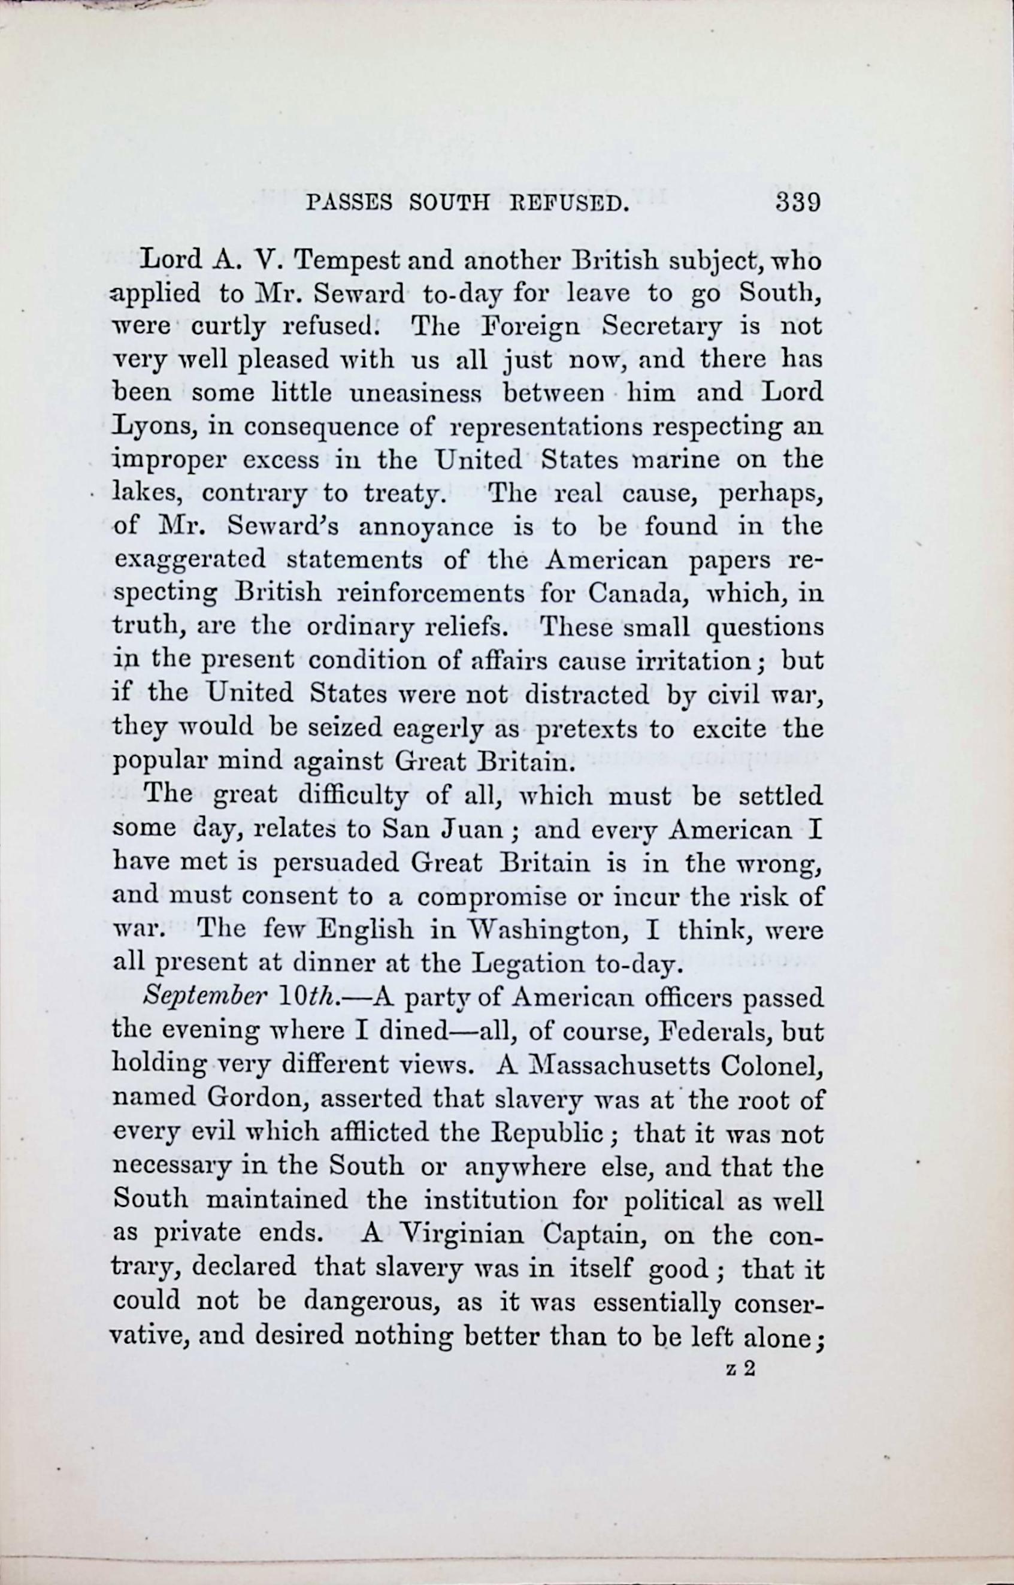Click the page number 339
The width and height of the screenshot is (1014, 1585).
[797, 202]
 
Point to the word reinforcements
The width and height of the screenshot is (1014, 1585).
[430, 594]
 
